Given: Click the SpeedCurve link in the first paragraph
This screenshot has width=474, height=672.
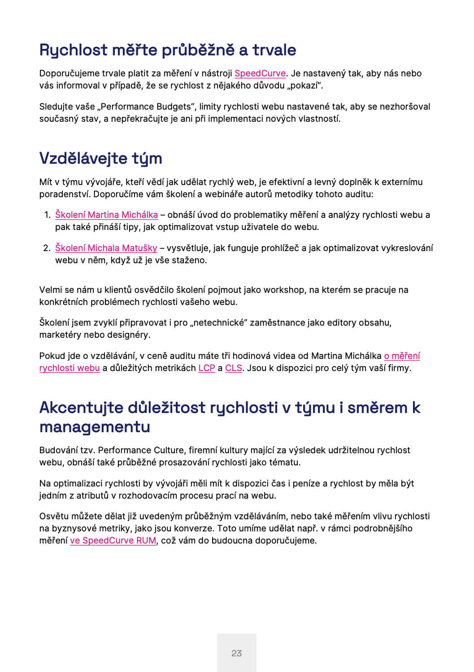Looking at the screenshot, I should [x=260, y=73].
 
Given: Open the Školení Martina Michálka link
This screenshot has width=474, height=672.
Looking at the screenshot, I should [x=106, y=215].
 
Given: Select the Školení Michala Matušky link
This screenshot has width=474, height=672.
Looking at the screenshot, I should [x=106, y=248].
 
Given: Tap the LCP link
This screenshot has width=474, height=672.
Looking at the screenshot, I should [x=207, y=368].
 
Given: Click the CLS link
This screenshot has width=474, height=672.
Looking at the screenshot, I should [x=233, y=368].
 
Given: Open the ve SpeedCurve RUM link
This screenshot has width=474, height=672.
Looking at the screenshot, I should [x=113, y=540].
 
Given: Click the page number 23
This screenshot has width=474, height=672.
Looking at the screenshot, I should [x=237, y=653].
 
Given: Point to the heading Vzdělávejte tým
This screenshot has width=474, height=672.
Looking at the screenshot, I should [x=100, y=158].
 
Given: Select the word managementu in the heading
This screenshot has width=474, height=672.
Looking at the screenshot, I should [x=95, y=426].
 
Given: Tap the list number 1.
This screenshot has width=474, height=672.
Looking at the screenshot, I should [x=47, y=215].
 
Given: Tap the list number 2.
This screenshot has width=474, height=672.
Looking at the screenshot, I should [x=47, y=248].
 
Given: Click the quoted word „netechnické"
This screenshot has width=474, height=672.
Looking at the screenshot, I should [x=219, y=323].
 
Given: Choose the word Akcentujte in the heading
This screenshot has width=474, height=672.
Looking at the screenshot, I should [x=81, y=407].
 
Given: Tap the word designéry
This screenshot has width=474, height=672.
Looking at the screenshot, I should [x=128, y=335].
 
